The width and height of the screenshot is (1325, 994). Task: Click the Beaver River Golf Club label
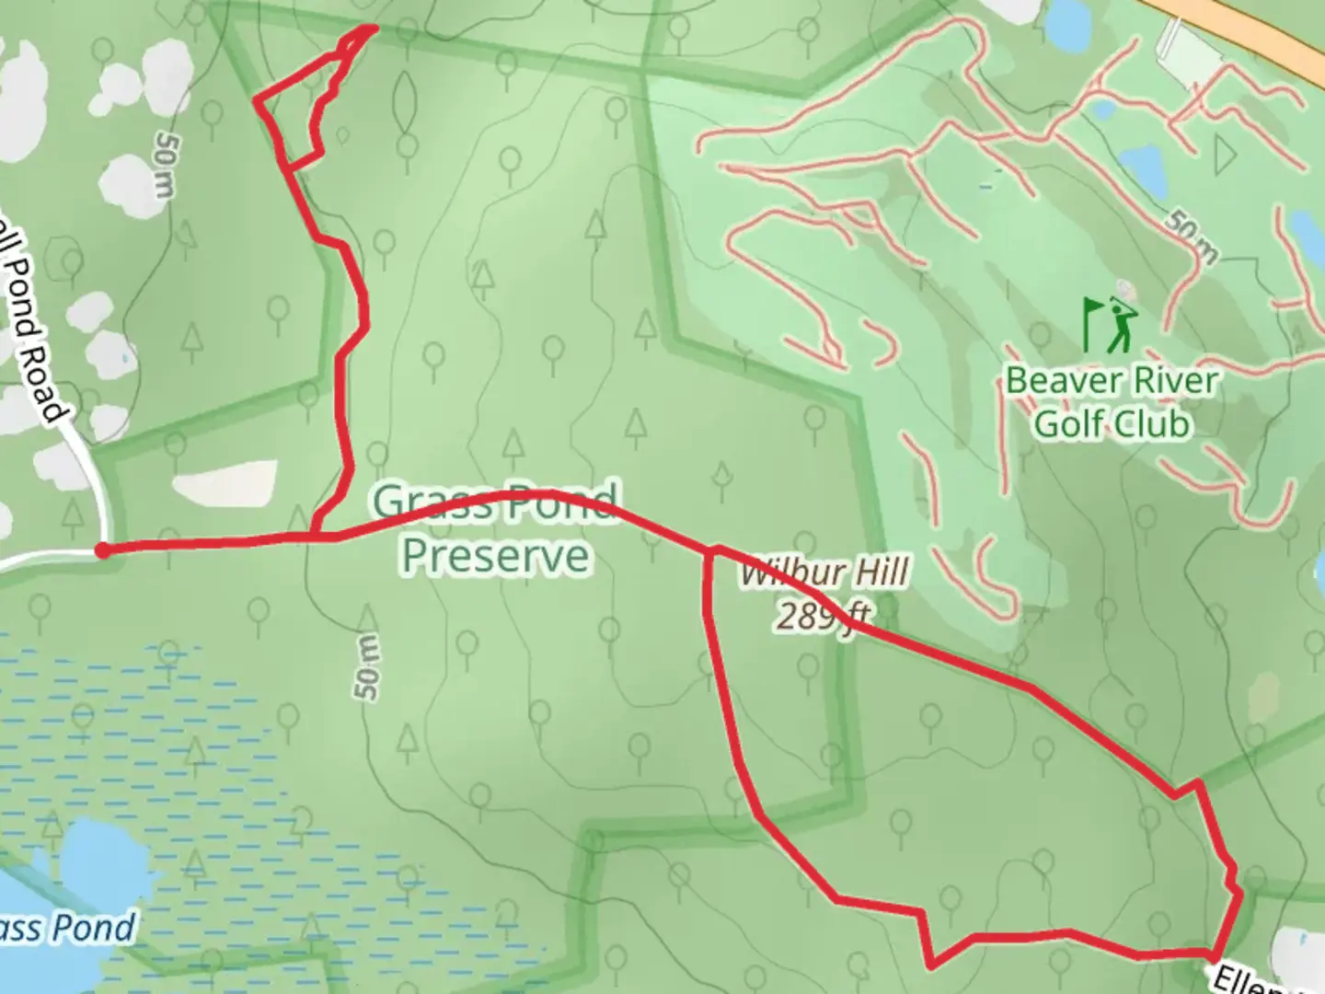pos(1112,402)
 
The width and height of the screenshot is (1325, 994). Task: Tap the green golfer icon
pos(1122,324)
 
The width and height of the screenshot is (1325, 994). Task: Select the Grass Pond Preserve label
pos(495,529)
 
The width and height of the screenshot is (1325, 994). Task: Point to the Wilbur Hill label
pos(825,573)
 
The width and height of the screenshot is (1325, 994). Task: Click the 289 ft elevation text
pos(823,615)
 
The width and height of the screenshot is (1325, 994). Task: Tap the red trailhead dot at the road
pos(103,550)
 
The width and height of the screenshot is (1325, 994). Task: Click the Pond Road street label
pos(31,322)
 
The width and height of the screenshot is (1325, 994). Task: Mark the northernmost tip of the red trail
pos(373,28)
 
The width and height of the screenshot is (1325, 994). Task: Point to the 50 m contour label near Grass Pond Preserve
pos(366,666)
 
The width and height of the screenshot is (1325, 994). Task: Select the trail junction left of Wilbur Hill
pos(709,552)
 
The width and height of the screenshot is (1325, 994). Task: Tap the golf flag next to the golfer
pos(1092,322)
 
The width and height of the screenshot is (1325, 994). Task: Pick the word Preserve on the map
pos(495,556)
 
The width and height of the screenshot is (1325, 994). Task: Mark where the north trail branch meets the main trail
pos(315,536)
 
